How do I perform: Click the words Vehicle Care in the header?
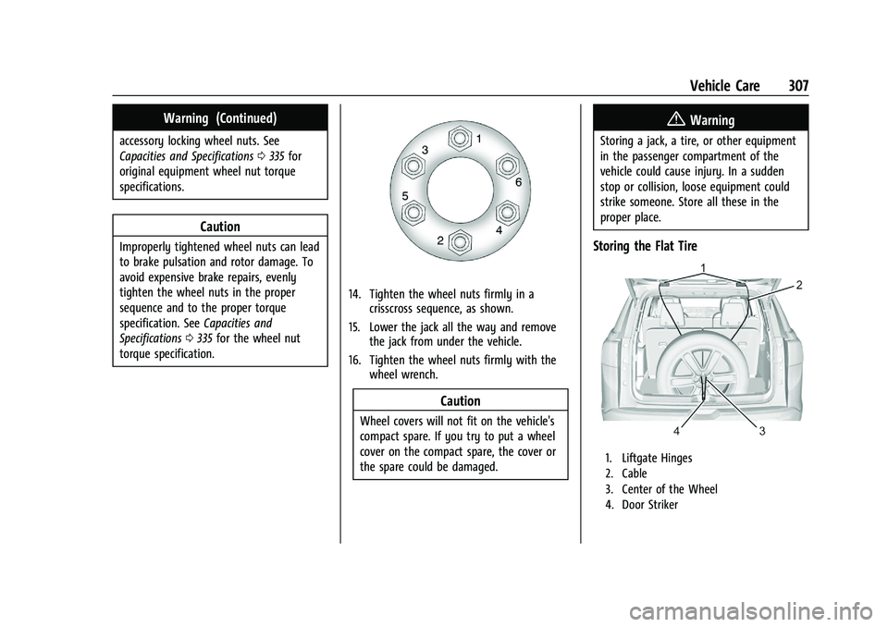(726, 85)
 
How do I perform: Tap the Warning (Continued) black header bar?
(220, 117)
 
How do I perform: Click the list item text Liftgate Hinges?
(662, 458)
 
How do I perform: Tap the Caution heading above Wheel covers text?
(460, 401)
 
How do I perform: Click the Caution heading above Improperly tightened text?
(220, 227)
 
